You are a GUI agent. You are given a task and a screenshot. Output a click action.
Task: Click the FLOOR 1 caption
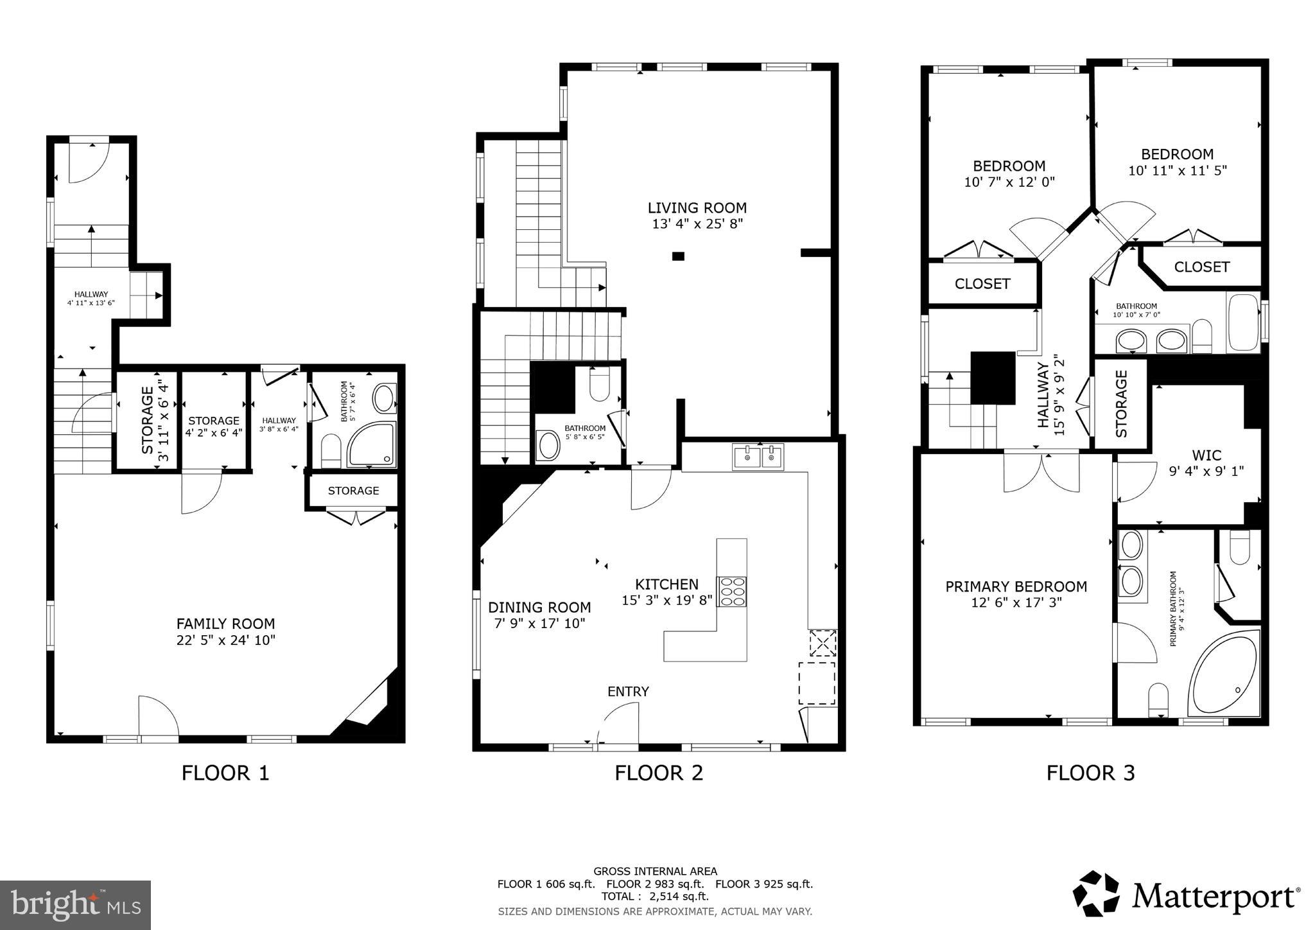(x=225, y=773)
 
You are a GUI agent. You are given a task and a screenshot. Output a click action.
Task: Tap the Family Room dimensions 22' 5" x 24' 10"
(x=225, y=640)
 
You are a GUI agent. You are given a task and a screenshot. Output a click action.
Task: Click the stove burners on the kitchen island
(x=732, y=592)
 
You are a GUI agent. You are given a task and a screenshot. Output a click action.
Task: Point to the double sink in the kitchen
(x=758, y=457)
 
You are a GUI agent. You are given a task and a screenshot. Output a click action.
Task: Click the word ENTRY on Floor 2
(x=628, y=692)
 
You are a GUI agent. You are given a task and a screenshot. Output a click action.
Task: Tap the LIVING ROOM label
(x=697, y=207)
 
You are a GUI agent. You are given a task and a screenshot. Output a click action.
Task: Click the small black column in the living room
(x=678, y=256)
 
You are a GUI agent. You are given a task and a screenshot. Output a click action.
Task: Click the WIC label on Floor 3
(x=1206, y=455)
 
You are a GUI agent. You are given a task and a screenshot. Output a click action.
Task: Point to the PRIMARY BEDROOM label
(x=1016, y=586)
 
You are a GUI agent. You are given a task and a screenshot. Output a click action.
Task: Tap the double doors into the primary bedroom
(x=1041, y=473)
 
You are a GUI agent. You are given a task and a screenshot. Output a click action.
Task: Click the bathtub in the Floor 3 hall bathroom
(x=1243, y=323)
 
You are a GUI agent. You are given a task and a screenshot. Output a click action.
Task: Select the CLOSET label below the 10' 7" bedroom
(x=982, y=284)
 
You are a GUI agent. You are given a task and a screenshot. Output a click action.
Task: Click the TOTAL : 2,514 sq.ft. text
(x=655, y=897)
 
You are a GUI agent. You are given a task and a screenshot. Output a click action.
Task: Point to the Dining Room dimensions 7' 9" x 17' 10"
(x=539, y=623)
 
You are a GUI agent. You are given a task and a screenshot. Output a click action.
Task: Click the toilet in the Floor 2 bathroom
(x=599, y=386)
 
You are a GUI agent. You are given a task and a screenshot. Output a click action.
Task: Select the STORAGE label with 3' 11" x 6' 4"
(x=147, y=419)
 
